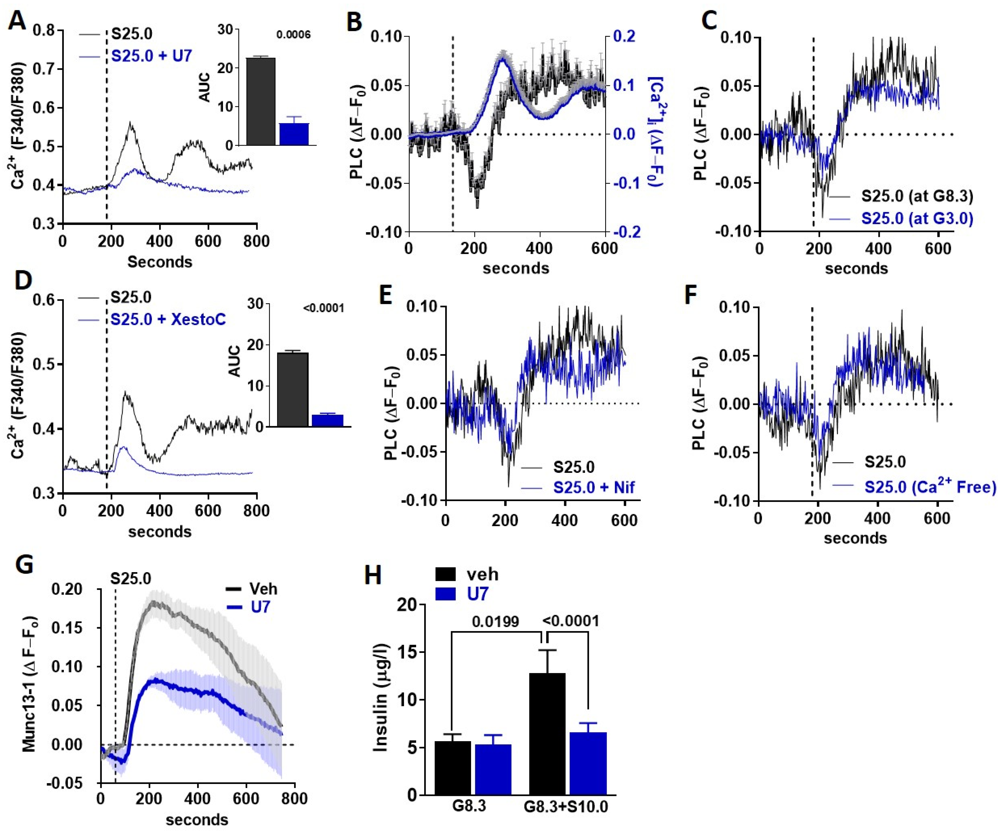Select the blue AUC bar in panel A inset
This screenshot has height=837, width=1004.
tap(294, 134)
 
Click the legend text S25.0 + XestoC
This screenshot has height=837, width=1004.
tap(168, 319)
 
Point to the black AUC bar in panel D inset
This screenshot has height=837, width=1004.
tap(293, 389)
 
